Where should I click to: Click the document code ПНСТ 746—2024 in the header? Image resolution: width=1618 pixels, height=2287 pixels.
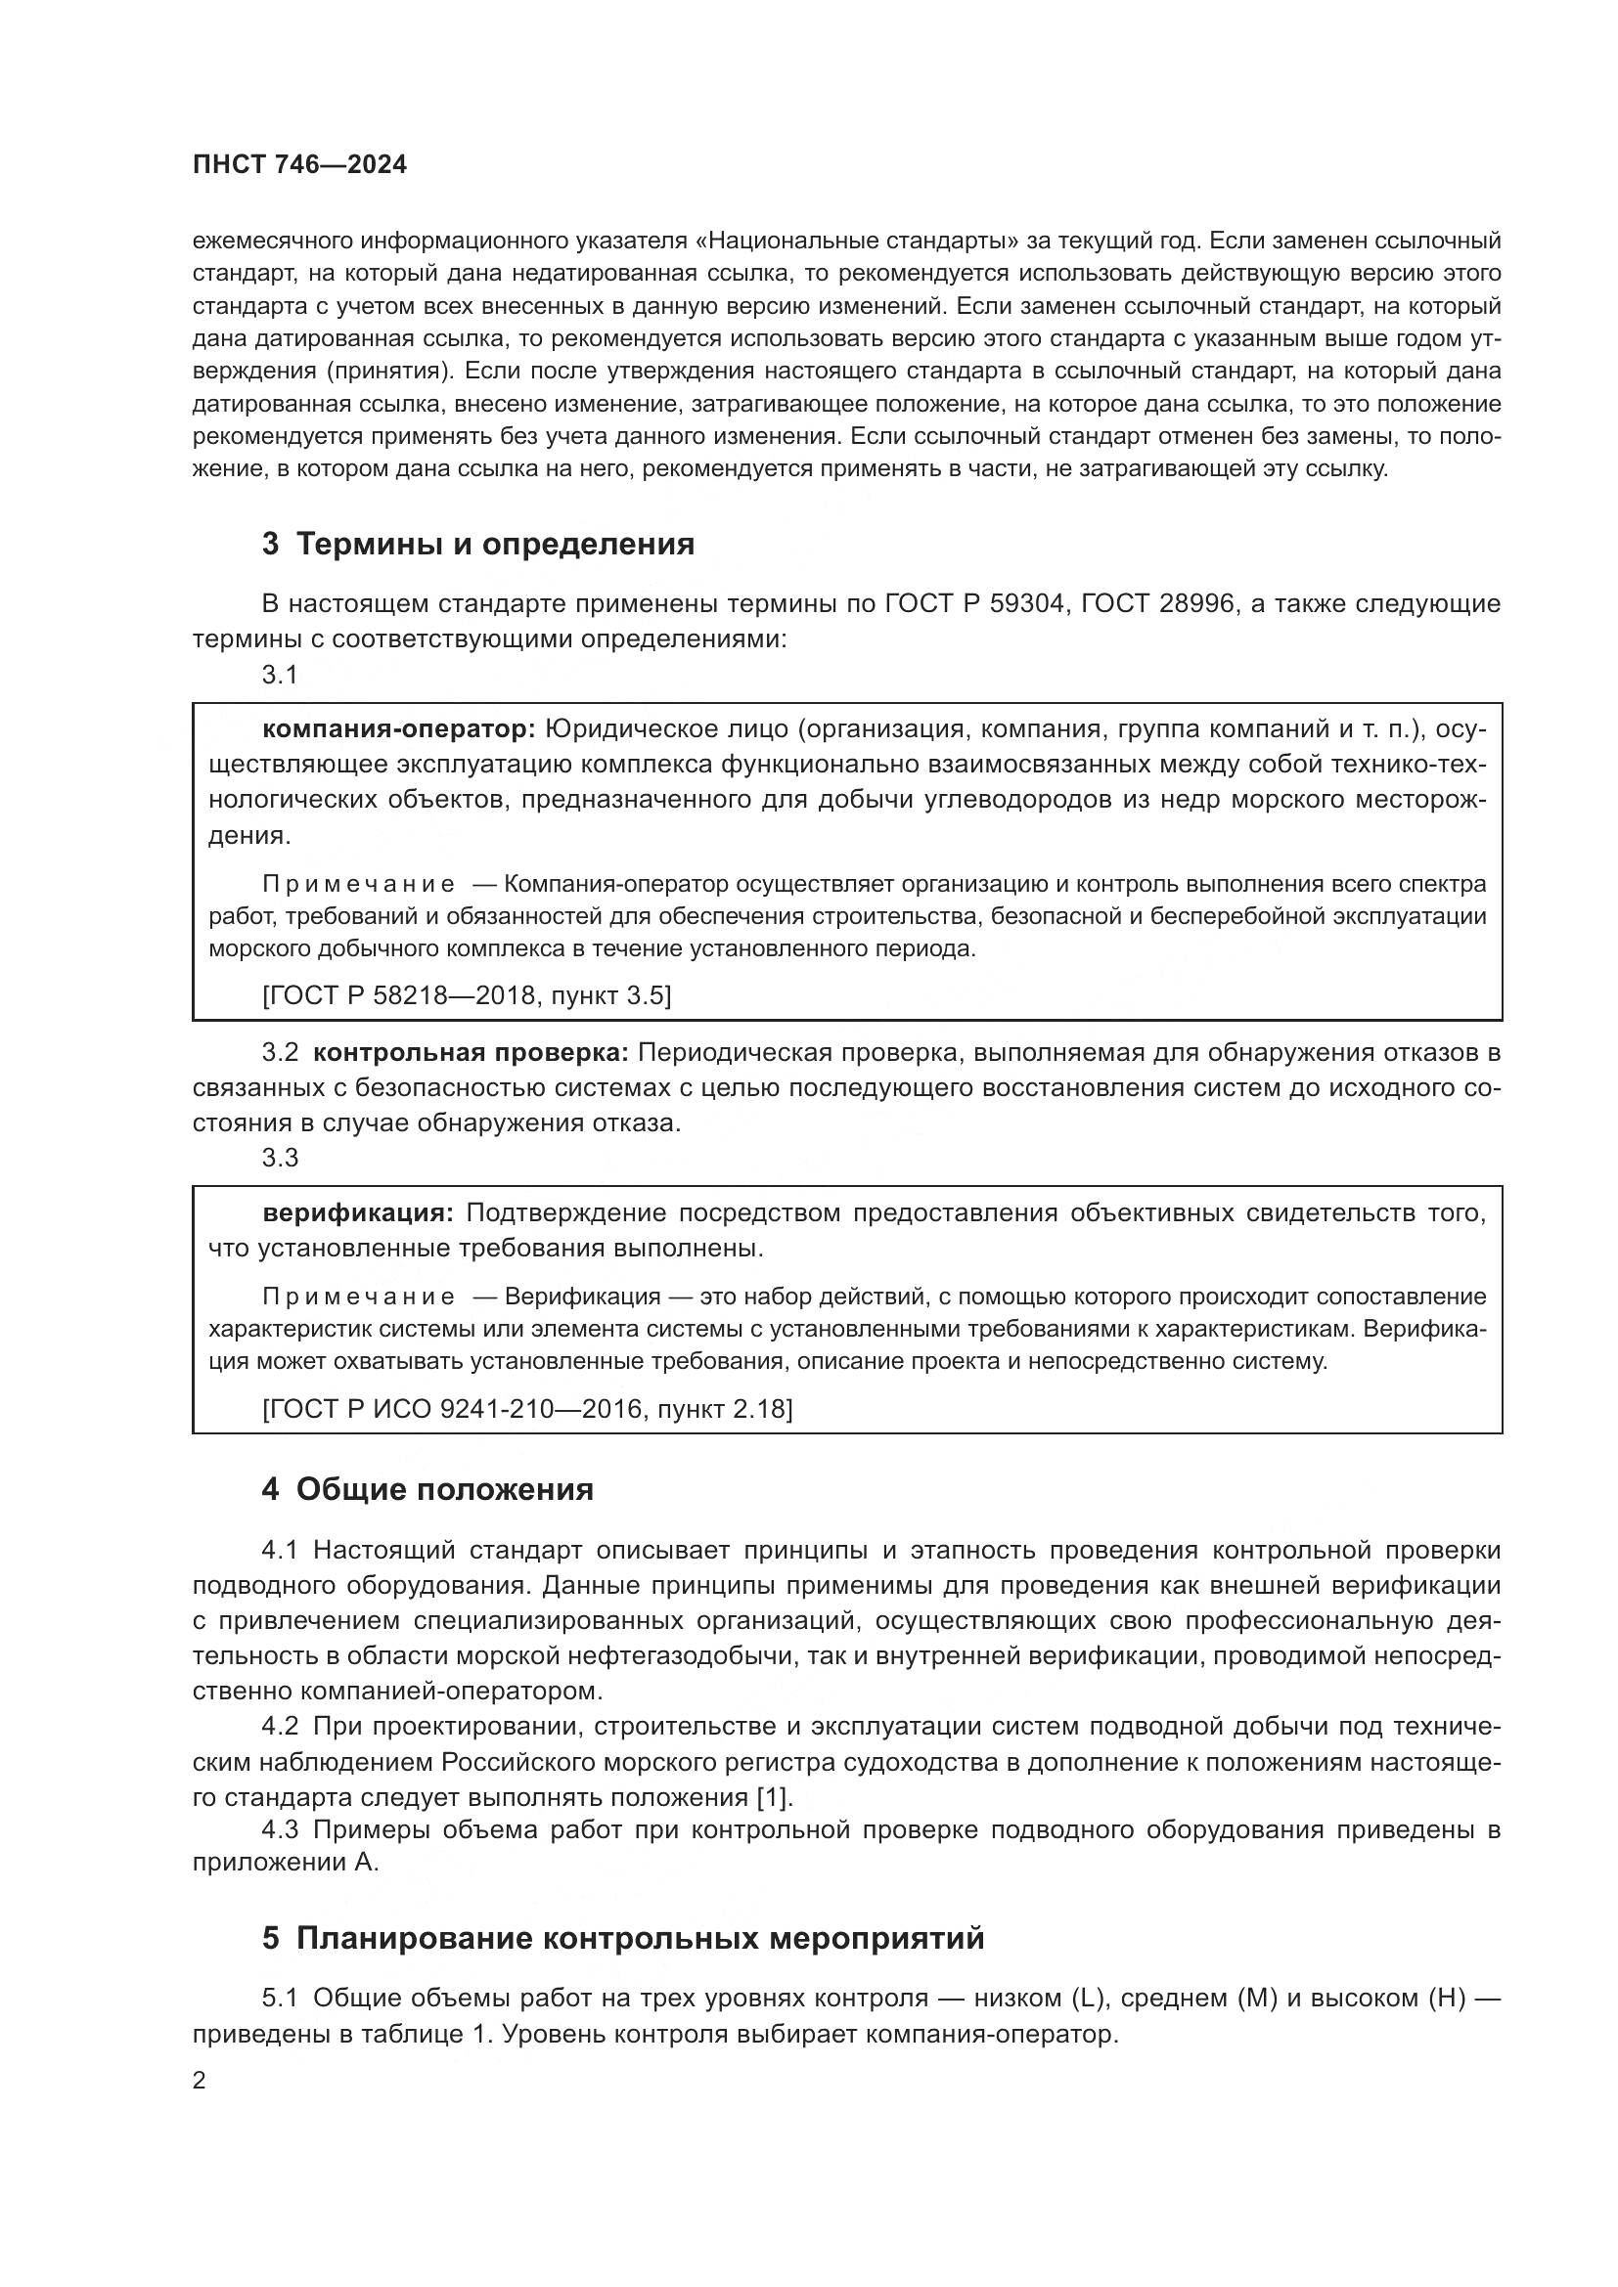tap(300, 165)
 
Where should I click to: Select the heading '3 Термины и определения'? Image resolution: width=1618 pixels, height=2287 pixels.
tap(478, 545)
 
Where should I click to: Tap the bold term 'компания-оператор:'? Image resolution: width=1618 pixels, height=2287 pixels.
tap(398, 729)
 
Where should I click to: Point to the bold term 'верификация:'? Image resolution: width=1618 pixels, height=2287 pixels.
tap(358, 1213)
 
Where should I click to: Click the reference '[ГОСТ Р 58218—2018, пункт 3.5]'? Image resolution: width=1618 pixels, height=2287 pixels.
tap(467, 995)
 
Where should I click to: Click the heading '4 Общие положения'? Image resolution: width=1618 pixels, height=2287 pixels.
tap(427, 1490)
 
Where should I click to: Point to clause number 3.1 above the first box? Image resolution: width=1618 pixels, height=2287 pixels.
tap(280, 676)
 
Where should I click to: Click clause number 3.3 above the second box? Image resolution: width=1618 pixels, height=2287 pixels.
tap(280, 1158)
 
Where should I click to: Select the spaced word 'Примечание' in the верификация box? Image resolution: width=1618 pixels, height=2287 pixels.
tap(359, 1297)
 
